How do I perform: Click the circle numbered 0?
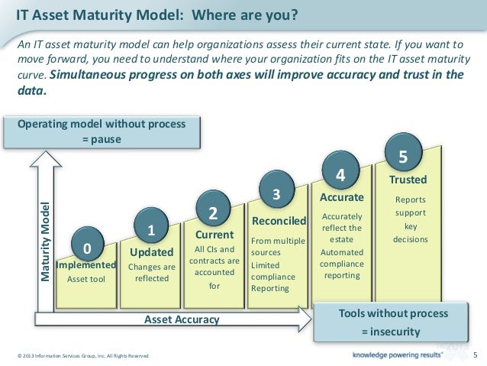87,247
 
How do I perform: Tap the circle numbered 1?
151,228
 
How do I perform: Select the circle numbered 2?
213,212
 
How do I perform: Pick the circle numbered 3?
278,194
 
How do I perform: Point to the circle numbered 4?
341,173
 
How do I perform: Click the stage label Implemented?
86,265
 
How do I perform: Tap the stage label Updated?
152,252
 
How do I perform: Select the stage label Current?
214,235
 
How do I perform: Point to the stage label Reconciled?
279,221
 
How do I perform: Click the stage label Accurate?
341,198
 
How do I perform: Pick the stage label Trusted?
408,181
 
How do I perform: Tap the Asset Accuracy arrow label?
182,319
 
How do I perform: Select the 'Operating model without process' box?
101,131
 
